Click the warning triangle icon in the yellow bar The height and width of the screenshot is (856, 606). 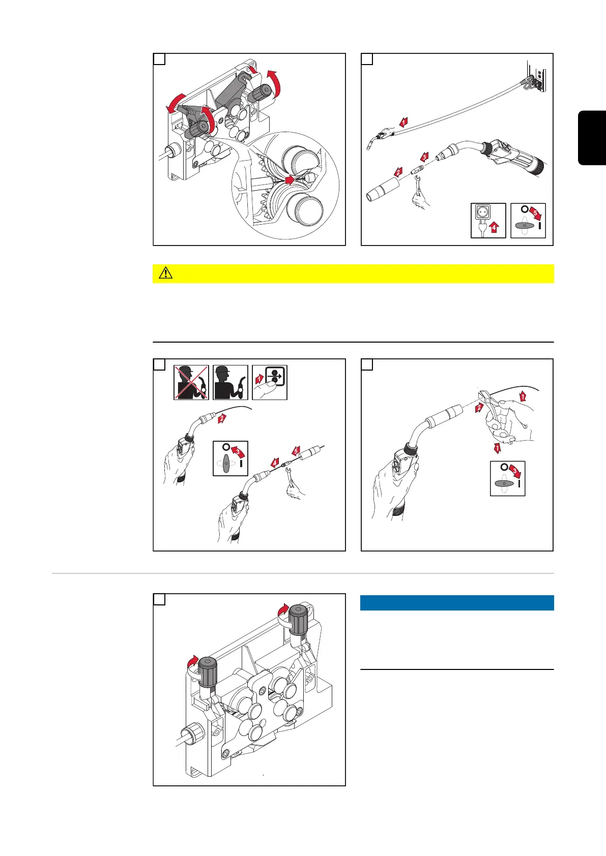click(x=166, y=273)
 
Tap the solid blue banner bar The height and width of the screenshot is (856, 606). click(x=457, y=603)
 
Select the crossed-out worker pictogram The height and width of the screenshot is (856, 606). click(x=191, y=383)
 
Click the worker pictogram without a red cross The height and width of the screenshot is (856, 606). click(x=230, y=383)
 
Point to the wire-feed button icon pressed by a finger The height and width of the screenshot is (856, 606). click(x=270, y=383)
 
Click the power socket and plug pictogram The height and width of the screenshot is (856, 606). click(x=488, y=221)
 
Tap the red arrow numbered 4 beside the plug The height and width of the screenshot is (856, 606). click(x=494, y=227)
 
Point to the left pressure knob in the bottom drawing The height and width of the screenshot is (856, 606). click(x=207, y=672)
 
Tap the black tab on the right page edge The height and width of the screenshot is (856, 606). click(x=592, y=138)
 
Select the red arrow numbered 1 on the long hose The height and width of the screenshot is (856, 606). click(x=403, y=122)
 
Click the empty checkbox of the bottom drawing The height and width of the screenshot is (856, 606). click(x=159, y=599)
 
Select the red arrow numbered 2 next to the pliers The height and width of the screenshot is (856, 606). click(x=479, y=408)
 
